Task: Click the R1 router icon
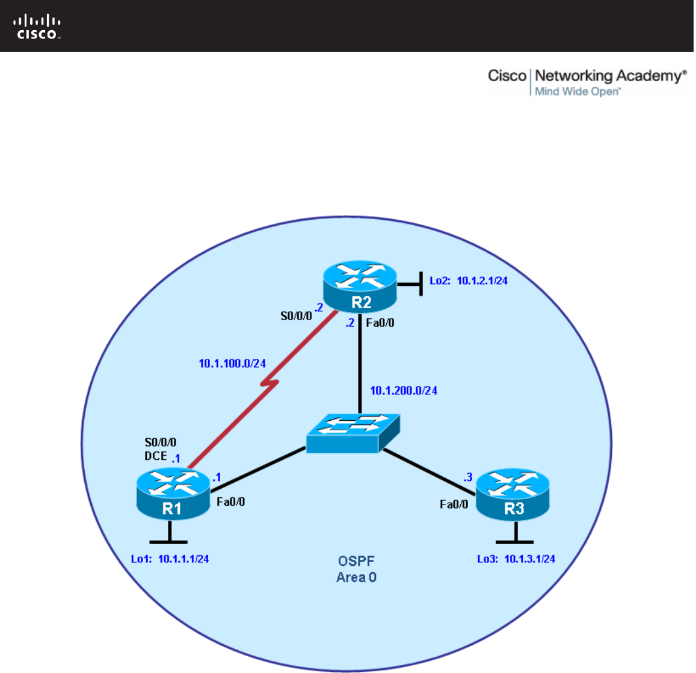pyautogui.click(x=172, y=494)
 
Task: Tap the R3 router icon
pyautogui.click(x=513, y=494)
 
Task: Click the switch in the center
pyautogui.click(x=353, y=433)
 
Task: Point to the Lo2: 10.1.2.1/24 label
pyautogui.click(x=468, y=281)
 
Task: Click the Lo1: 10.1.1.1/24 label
pyautogui.click(x=170, y=559)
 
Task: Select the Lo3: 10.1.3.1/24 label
pyautogui.click(x=516, y=559)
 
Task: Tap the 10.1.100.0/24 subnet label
pyautogui.click(x=232, y=364)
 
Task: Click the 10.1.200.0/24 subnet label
pyautogui.click(x=404, y=391)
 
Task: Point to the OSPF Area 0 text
pyautogui.click(x=356, y=569)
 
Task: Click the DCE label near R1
pyautogui.click(x=155, y=456)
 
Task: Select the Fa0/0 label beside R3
pyautogui.click(x=454, y=504)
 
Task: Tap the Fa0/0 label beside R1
pyautogui.click(x=231, y=501)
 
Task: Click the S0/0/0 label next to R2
pyautogui.click(x=296, y=315)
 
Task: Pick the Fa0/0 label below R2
pyautogui.click(x=380, y=323)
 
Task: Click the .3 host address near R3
pyautogui.click(x=467, y=477)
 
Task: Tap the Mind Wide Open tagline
pyautogui.click(x=576, y=91)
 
